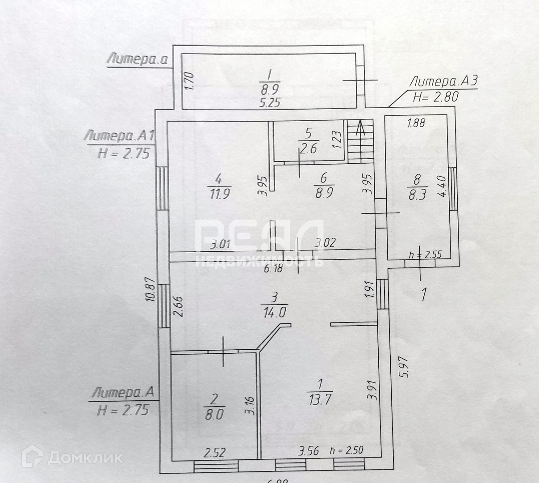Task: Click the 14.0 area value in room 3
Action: pos(274,312)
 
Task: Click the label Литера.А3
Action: pos(444,81)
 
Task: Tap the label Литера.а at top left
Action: pos(137,59)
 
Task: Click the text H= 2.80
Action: pos(435,97)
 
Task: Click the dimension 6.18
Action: pos(274,268)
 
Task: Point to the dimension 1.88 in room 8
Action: pos(416,123)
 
